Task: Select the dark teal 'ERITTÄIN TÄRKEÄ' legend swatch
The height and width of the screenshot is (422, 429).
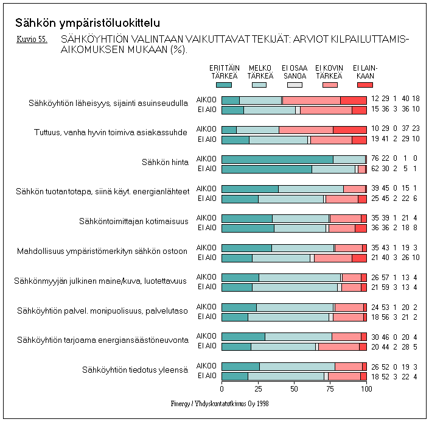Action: (224, 85)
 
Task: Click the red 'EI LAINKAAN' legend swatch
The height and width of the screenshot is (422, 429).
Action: (365, 85)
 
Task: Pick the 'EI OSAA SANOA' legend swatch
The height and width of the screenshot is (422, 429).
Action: (295, 85)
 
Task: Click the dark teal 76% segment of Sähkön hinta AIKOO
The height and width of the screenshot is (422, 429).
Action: (277, 159)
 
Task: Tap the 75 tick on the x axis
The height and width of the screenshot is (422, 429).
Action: (330, 388)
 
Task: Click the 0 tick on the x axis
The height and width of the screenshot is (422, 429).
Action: (221, 388)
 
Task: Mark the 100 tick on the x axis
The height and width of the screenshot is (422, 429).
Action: (366, 388)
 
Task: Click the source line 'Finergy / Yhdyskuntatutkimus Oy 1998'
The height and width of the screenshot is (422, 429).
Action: (220, 403)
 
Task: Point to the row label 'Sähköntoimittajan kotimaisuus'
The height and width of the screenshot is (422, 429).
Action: (134, 220)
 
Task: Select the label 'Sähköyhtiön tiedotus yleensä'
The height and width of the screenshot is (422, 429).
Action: (135, 370)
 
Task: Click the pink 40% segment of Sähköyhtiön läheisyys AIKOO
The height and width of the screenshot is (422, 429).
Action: (312, 100)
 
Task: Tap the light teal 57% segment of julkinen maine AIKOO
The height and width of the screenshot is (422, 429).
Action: (300, 278)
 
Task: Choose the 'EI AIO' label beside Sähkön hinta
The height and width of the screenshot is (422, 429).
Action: (206, 169)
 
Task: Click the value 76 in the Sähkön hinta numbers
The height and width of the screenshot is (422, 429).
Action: (375, 159)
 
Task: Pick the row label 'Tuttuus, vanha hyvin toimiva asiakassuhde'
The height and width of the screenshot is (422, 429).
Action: (111, 132)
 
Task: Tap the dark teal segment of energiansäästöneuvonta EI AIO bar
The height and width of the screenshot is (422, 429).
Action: (236, 346)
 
